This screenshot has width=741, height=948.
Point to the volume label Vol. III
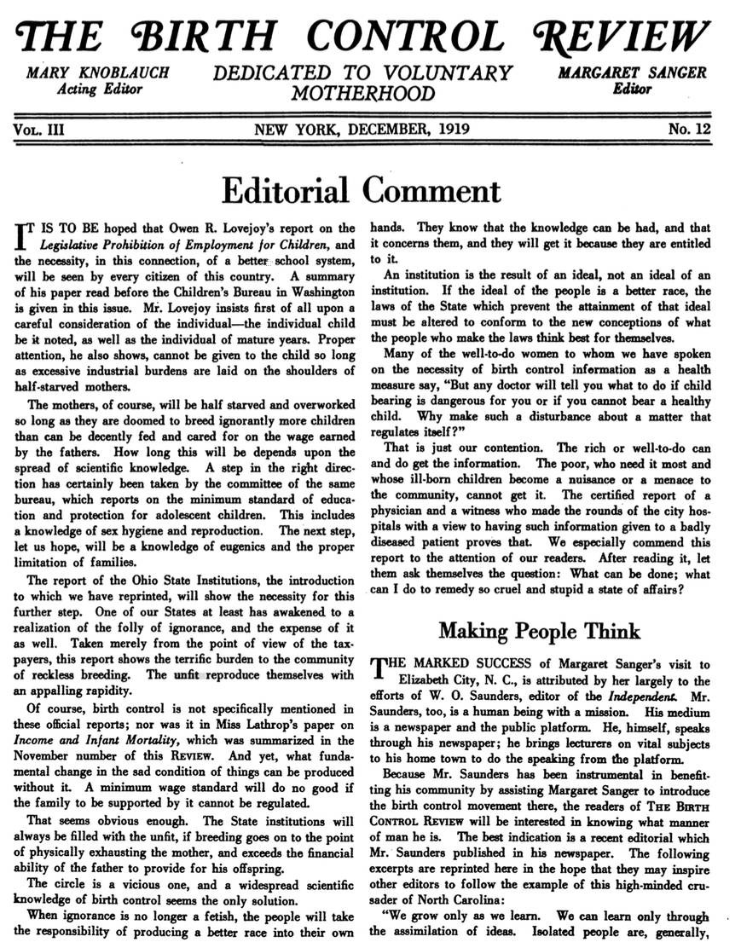click(38, 130)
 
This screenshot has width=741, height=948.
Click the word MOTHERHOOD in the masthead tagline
click(363, 93)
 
